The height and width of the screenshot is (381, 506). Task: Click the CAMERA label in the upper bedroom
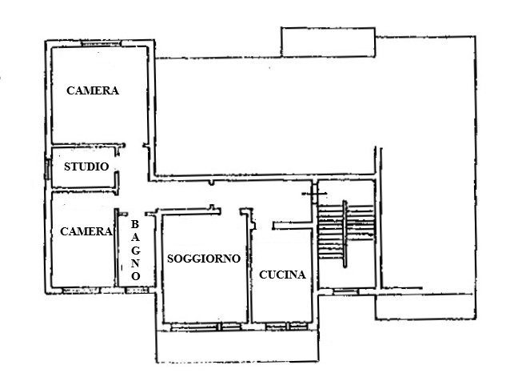click(93, 91)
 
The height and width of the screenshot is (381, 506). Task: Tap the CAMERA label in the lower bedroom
click(86, 231)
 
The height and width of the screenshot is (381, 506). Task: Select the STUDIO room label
click(86, 167)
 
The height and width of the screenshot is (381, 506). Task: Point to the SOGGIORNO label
click(204, 259)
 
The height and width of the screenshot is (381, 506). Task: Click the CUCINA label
click(282, 275)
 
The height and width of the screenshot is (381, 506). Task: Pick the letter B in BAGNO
click(136, 225)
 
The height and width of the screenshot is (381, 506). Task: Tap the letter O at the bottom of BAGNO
click(136, 275)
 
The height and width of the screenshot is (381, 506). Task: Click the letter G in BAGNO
click(136, 250)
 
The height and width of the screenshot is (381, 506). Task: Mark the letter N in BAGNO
click(136, 263)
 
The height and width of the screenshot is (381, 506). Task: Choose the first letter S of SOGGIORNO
click(171, 259)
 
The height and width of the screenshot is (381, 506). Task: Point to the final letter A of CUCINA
click(301, 275)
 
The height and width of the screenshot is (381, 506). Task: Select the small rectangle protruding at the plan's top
click(327, 42)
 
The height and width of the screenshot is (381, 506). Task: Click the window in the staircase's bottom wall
click(345, 289)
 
